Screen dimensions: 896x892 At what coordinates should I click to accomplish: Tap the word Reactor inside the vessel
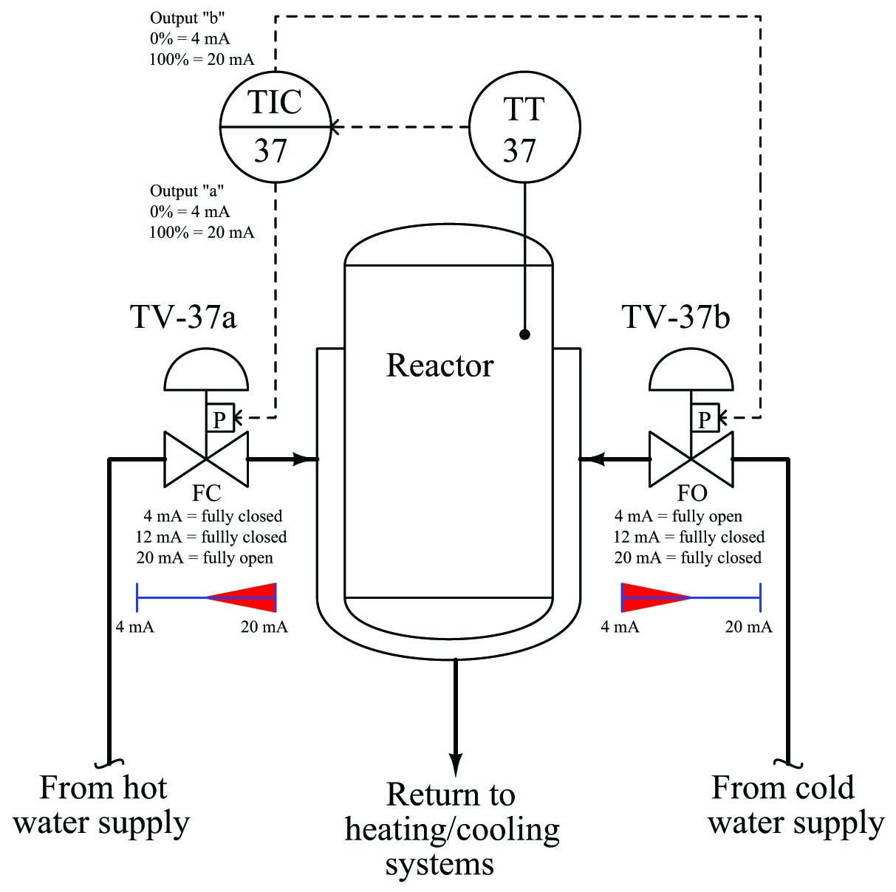click(440, 366)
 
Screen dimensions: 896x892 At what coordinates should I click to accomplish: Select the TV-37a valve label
click(183, 317)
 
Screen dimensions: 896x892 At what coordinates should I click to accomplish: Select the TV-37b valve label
click(676, 317)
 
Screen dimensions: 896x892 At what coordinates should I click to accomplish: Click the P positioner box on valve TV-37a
click(220, 418)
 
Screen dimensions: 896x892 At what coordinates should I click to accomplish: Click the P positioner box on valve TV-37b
click(705, 418)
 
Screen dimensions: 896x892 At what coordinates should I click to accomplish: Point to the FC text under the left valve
click(206, 493)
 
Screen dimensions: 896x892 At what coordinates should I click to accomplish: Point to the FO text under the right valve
click(692, 493)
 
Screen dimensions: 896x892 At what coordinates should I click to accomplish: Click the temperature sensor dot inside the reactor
click(524, 334)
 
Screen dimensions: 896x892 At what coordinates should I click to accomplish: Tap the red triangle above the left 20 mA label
click(242, 597)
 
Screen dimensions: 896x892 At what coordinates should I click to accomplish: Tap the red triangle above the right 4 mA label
click(656, 597)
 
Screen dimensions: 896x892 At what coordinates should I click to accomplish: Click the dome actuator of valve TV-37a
click(206, 369)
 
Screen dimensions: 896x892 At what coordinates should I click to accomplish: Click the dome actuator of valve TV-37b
click(691, 369)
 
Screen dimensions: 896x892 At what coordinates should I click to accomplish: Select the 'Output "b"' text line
click(187, 18)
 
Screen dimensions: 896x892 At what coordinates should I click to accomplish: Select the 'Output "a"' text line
click(186, 191)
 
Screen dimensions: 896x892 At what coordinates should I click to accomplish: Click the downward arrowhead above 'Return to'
click(456, 764)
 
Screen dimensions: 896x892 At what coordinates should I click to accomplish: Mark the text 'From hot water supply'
click(101, 806)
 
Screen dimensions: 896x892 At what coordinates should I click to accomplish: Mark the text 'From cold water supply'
click(796, 806)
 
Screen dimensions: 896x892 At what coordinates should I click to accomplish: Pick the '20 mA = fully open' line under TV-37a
click(205, 557)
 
